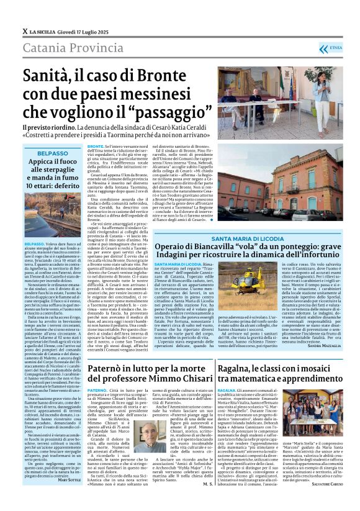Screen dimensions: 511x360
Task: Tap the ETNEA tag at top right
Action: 333,47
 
